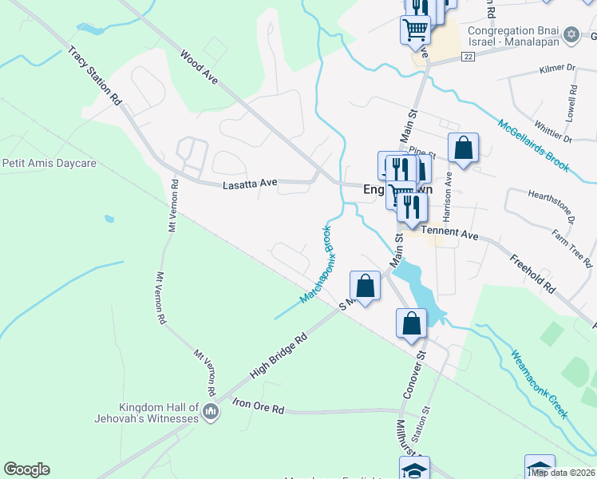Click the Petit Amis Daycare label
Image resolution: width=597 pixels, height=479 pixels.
49,163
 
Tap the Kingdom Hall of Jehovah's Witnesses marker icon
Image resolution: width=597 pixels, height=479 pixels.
211,412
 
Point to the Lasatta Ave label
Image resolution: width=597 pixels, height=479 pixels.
249,184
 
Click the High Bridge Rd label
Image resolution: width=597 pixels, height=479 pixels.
279,356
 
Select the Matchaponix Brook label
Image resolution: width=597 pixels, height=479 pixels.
317,264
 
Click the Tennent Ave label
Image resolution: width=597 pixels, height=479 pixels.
449,232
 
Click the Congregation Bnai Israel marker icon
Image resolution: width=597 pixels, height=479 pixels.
570,34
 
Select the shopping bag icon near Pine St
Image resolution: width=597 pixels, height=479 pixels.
463,147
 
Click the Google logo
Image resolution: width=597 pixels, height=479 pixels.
27,469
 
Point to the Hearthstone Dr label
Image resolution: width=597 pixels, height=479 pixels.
551,205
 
